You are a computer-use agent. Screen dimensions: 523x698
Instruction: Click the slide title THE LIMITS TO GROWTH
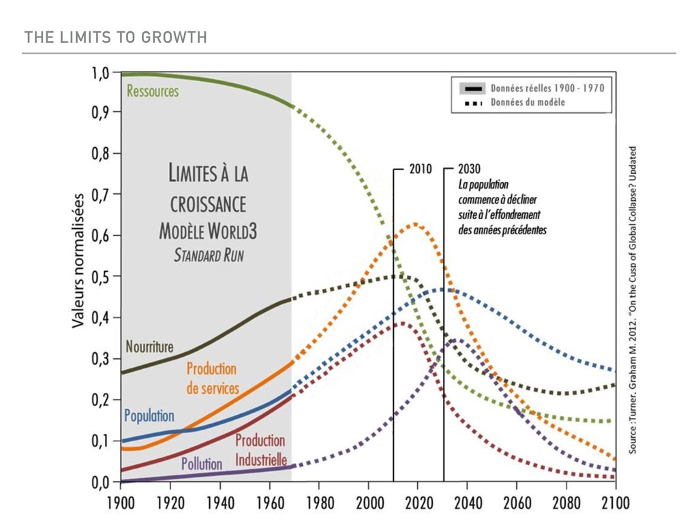[x=115, y=37]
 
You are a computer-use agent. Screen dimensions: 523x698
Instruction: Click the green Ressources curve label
[x=153, y=91]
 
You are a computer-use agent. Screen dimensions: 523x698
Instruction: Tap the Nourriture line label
[x=150, y=347]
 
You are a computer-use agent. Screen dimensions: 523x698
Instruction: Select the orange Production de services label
[x=212, y=379]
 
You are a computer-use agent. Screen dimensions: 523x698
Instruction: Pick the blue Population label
[x=149, y=415]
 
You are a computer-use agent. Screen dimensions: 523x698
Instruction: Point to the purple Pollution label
[x=202, y=464]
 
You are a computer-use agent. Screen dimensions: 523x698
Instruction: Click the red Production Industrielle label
[x=260, y=450]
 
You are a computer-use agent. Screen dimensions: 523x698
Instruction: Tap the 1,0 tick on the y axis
[x=101, y=73]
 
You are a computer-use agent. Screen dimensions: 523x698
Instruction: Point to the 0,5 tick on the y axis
[x=101, y=277]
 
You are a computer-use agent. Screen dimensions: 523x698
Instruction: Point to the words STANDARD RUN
[x=208, y=256]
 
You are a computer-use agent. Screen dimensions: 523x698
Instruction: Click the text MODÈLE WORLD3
[x=208, y=231]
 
